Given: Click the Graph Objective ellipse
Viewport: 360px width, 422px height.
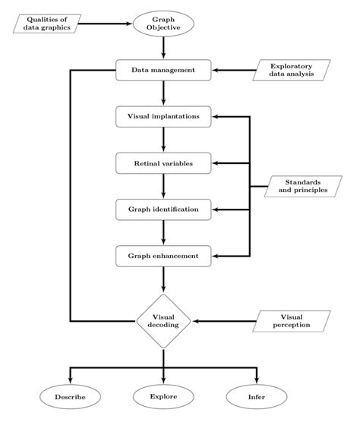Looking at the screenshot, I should (163, 24).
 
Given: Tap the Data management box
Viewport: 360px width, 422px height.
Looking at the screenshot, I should (163, 71).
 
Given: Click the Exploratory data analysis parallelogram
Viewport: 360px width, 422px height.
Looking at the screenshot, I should (292, 71).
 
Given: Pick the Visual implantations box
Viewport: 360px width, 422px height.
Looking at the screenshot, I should (163, 117).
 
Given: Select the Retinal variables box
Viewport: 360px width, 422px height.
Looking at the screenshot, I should (163, 163).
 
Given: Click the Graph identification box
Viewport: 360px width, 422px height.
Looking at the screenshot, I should (163, 209).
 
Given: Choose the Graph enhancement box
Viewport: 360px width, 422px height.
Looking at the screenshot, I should (163, 256).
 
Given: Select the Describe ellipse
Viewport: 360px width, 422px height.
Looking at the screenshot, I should (70, 396).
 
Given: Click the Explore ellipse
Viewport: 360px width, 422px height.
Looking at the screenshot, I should (163, 396).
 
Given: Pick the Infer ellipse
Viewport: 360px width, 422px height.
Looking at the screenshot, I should (257, 396).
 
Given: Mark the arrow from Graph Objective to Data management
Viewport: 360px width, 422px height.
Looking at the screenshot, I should (163, 48).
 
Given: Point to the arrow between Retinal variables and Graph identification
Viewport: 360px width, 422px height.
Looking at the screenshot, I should (163, 186).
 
